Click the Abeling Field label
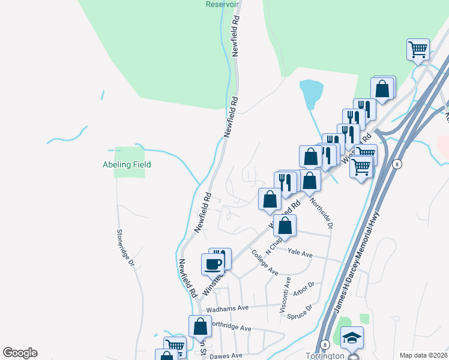(x=126, y=164)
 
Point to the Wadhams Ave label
(x=227, y=308)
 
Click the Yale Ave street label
(x=300, y=254)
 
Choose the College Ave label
(x=265, y=263)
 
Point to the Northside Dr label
(x=321, y=212)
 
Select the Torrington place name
(x=325, y=355)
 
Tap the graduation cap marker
(x=353, y=338)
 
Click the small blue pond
(x=312, y=93)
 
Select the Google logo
(x=20, y=353)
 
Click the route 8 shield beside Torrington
(x=324, y=344)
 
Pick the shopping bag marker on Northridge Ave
(x=200, y=327)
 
